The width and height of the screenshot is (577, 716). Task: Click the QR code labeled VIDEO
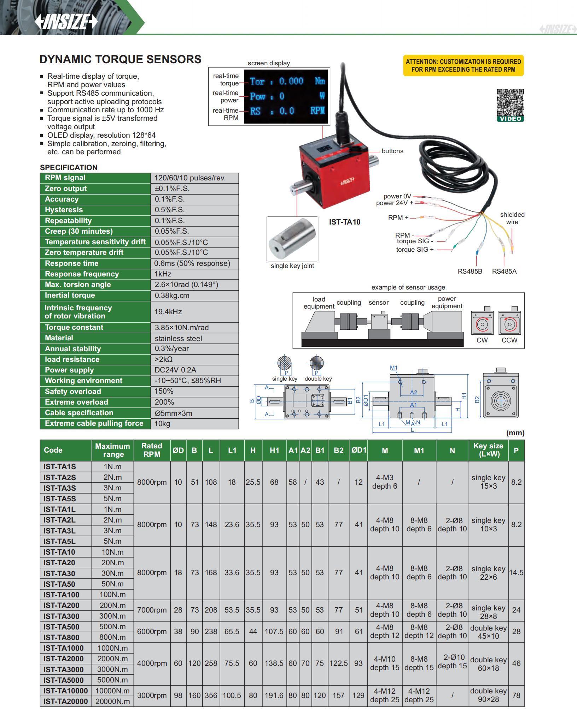[510, 105]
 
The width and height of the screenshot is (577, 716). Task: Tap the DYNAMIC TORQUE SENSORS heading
[120, 59]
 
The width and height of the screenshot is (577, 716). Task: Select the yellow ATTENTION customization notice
[463, 66]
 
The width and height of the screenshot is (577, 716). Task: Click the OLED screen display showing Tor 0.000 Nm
[287, 96]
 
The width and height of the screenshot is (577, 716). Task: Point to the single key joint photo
[292, 239]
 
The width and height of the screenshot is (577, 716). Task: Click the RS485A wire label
[504, 271]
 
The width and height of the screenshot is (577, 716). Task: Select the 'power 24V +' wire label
[394, 203]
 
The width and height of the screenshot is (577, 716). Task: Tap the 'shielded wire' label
[512, 218]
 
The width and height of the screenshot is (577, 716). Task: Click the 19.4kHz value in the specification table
[168, 312]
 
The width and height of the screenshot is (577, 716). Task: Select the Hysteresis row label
[64, 210]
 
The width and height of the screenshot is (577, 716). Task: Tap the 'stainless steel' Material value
[178, 338]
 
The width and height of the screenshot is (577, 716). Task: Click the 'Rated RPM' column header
[152, 450]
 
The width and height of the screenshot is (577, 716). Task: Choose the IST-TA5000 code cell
[64, 680]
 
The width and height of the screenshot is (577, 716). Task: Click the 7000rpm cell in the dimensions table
[152, 610]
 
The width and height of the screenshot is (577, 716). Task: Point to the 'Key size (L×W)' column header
[488, 450]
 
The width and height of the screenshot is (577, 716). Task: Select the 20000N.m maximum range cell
[112, 702]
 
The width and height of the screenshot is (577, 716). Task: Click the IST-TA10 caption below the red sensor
[345, 222]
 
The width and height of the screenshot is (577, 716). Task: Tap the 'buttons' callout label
[392, 151]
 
